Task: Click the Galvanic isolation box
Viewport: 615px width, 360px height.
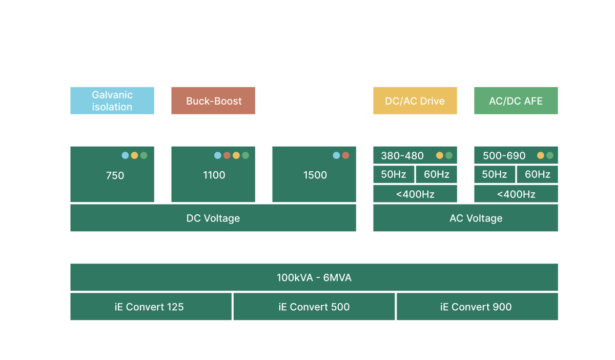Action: click(112, 101)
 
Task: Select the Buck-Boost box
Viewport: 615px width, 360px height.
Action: click(213, 101)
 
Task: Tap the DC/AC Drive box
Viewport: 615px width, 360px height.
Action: click(415, 101)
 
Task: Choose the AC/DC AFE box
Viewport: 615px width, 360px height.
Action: click(516, 101)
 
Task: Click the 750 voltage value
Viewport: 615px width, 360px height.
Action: click(115, 175)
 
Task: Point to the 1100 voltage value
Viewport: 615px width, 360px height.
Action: click(214, 175)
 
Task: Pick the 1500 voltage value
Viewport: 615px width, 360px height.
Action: click(315, 175)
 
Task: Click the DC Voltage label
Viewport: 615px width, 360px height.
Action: click(213, 218)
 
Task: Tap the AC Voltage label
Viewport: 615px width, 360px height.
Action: click(476, 218)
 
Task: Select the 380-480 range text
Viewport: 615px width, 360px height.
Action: click(402, 156)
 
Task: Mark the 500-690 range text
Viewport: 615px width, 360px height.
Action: click(504, 156)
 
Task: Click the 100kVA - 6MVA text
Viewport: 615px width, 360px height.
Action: click(314, 278)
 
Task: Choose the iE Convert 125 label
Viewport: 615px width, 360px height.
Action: click(149, 307)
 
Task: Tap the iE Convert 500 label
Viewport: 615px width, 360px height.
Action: click(314, 307)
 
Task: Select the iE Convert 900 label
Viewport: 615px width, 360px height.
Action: click(476, 307)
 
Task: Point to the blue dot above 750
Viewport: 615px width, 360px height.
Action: click(125, 155)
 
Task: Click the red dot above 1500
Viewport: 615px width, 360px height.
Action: click(345, 155)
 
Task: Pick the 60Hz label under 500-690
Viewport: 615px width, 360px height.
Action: click(537, 174)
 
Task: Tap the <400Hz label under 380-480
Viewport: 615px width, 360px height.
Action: click(415, 194)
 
